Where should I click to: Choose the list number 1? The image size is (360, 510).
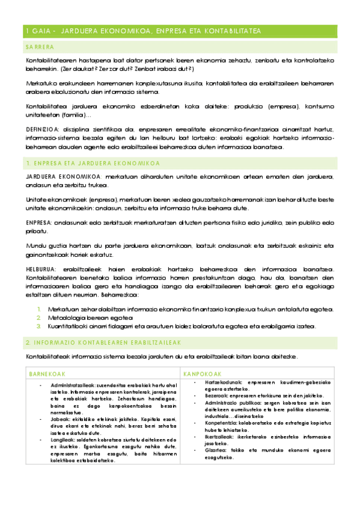coord(39,309)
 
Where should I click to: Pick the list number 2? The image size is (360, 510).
coord(39,318)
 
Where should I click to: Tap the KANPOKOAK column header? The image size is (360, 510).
coord(200,373)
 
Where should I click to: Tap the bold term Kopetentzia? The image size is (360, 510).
coord(222,423)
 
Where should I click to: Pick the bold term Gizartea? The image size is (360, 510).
coord(216,449)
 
